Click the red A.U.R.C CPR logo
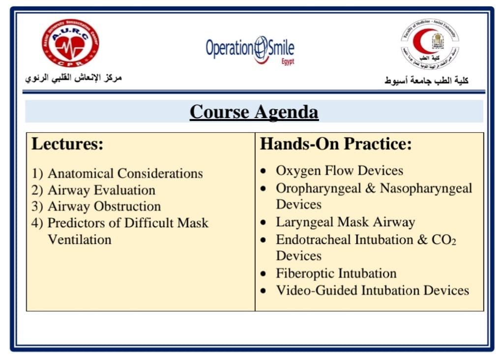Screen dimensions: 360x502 70,43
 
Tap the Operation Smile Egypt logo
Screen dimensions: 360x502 250,50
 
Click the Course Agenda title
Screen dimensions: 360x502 254,112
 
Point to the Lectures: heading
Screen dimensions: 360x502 67,144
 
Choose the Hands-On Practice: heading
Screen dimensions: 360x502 335,144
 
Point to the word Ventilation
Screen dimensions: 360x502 79,240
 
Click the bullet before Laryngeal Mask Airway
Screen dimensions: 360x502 264,223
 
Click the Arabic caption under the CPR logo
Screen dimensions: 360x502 73,78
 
